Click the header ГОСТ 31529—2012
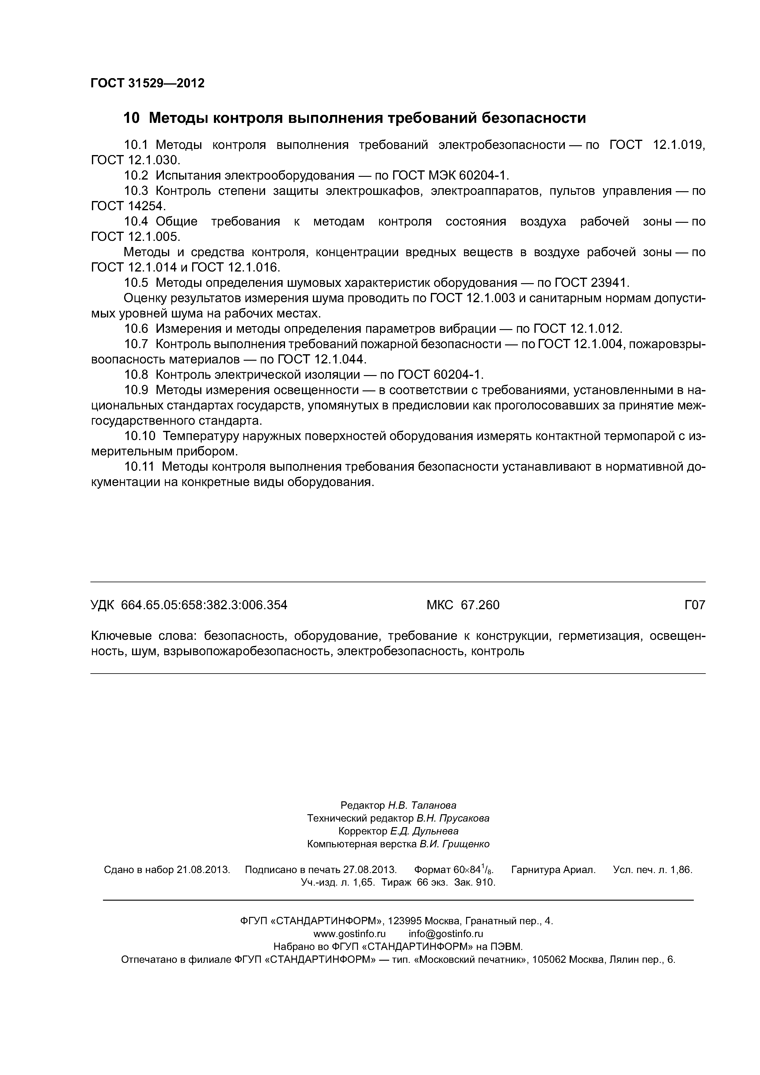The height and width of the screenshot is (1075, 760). pyautogui.click(x=147, y=83)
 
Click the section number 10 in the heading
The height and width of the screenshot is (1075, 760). pyautogui.click(x=131, y=118)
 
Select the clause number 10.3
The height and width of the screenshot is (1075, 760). pyautogui.click(x=136, y=191)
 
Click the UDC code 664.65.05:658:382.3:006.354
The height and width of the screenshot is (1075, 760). pyautogui.click(x=204, y=606)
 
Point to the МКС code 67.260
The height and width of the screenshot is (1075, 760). pyautogui.click(x=480, y=606)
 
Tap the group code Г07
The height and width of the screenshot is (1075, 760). pyautogui.click(x=694, y=606)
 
